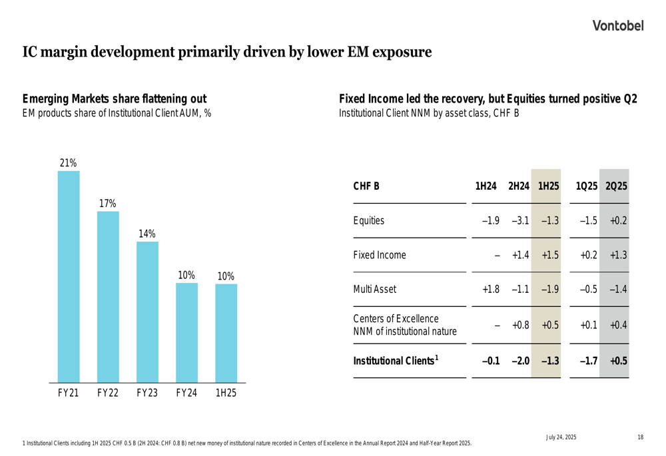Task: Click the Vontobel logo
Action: point(619,26)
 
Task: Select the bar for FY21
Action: point(69,276)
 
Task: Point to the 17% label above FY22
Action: point(108,203)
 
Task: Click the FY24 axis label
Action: point(186,393)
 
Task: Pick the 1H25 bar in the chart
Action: point(226,333)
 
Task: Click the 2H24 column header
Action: point(518,186)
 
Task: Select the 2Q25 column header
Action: point(616,186)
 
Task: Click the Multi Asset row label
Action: point(374,290)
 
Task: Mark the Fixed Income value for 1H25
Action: point(549,255)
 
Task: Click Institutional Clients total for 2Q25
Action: point(618,361)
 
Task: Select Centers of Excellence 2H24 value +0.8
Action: point(520,325)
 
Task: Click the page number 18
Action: point(640,437)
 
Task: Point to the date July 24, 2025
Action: point(561,437)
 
